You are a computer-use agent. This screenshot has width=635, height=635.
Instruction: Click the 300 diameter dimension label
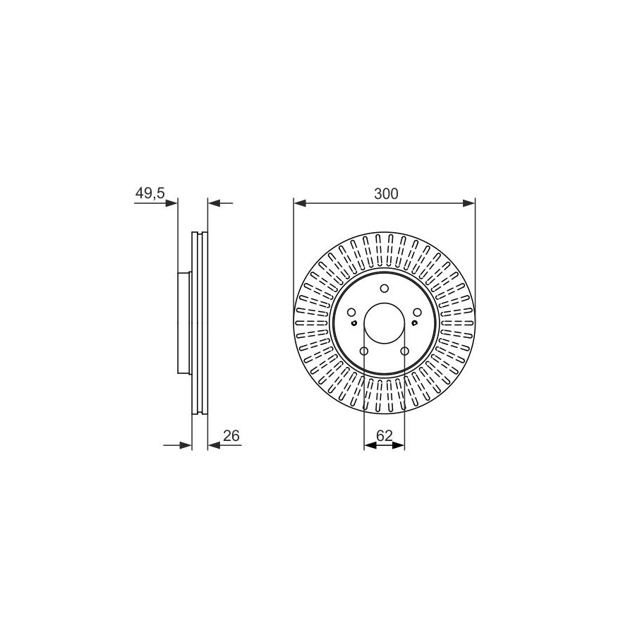386,194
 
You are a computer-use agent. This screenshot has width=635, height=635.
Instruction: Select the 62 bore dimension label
385,436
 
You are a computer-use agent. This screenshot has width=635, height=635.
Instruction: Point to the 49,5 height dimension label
150,193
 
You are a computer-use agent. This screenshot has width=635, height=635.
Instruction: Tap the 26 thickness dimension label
231,436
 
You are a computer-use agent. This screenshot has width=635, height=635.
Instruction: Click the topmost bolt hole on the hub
385,289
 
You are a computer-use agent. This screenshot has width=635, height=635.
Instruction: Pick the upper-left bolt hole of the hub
351,313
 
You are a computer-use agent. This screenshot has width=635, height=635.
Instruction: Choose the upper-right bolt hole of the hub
417,313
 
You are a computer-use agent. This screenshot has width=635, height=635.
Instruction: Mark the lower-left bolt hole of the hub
364,351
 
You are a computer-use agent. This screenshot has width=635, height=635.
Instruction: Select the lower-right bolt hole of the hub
404,351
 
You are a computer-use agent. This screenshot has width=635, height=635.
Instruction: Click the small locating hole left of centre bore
354,322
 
